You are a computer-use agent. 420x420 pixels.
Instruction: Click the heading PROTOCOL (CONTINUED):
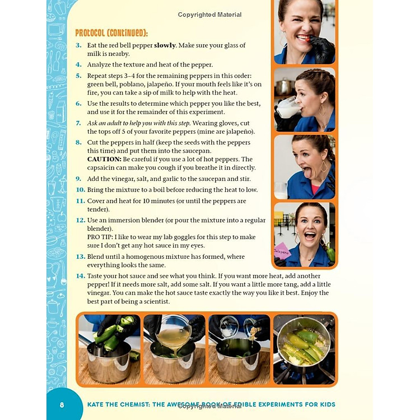111,32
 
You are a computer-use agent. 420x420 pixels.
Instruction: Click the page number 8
62,405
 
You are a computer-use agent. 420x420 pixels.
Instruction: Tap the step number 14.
80,276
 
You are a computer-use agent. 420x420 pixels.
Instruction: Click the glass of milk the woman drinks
287,108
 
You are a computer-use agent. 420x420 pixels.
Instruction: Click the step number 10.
80,190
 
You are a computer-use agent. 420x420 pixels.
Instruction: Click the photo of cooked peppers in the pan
304,348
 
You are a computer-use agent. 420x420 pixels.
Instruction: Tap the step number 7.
78,123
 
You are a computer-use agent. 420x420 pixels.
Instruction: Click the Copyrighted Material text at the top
209,15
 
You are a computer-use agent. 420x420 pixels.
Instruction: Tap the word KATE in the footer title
97,404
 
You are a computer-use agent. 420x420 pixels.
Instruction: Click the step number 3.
78,45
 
